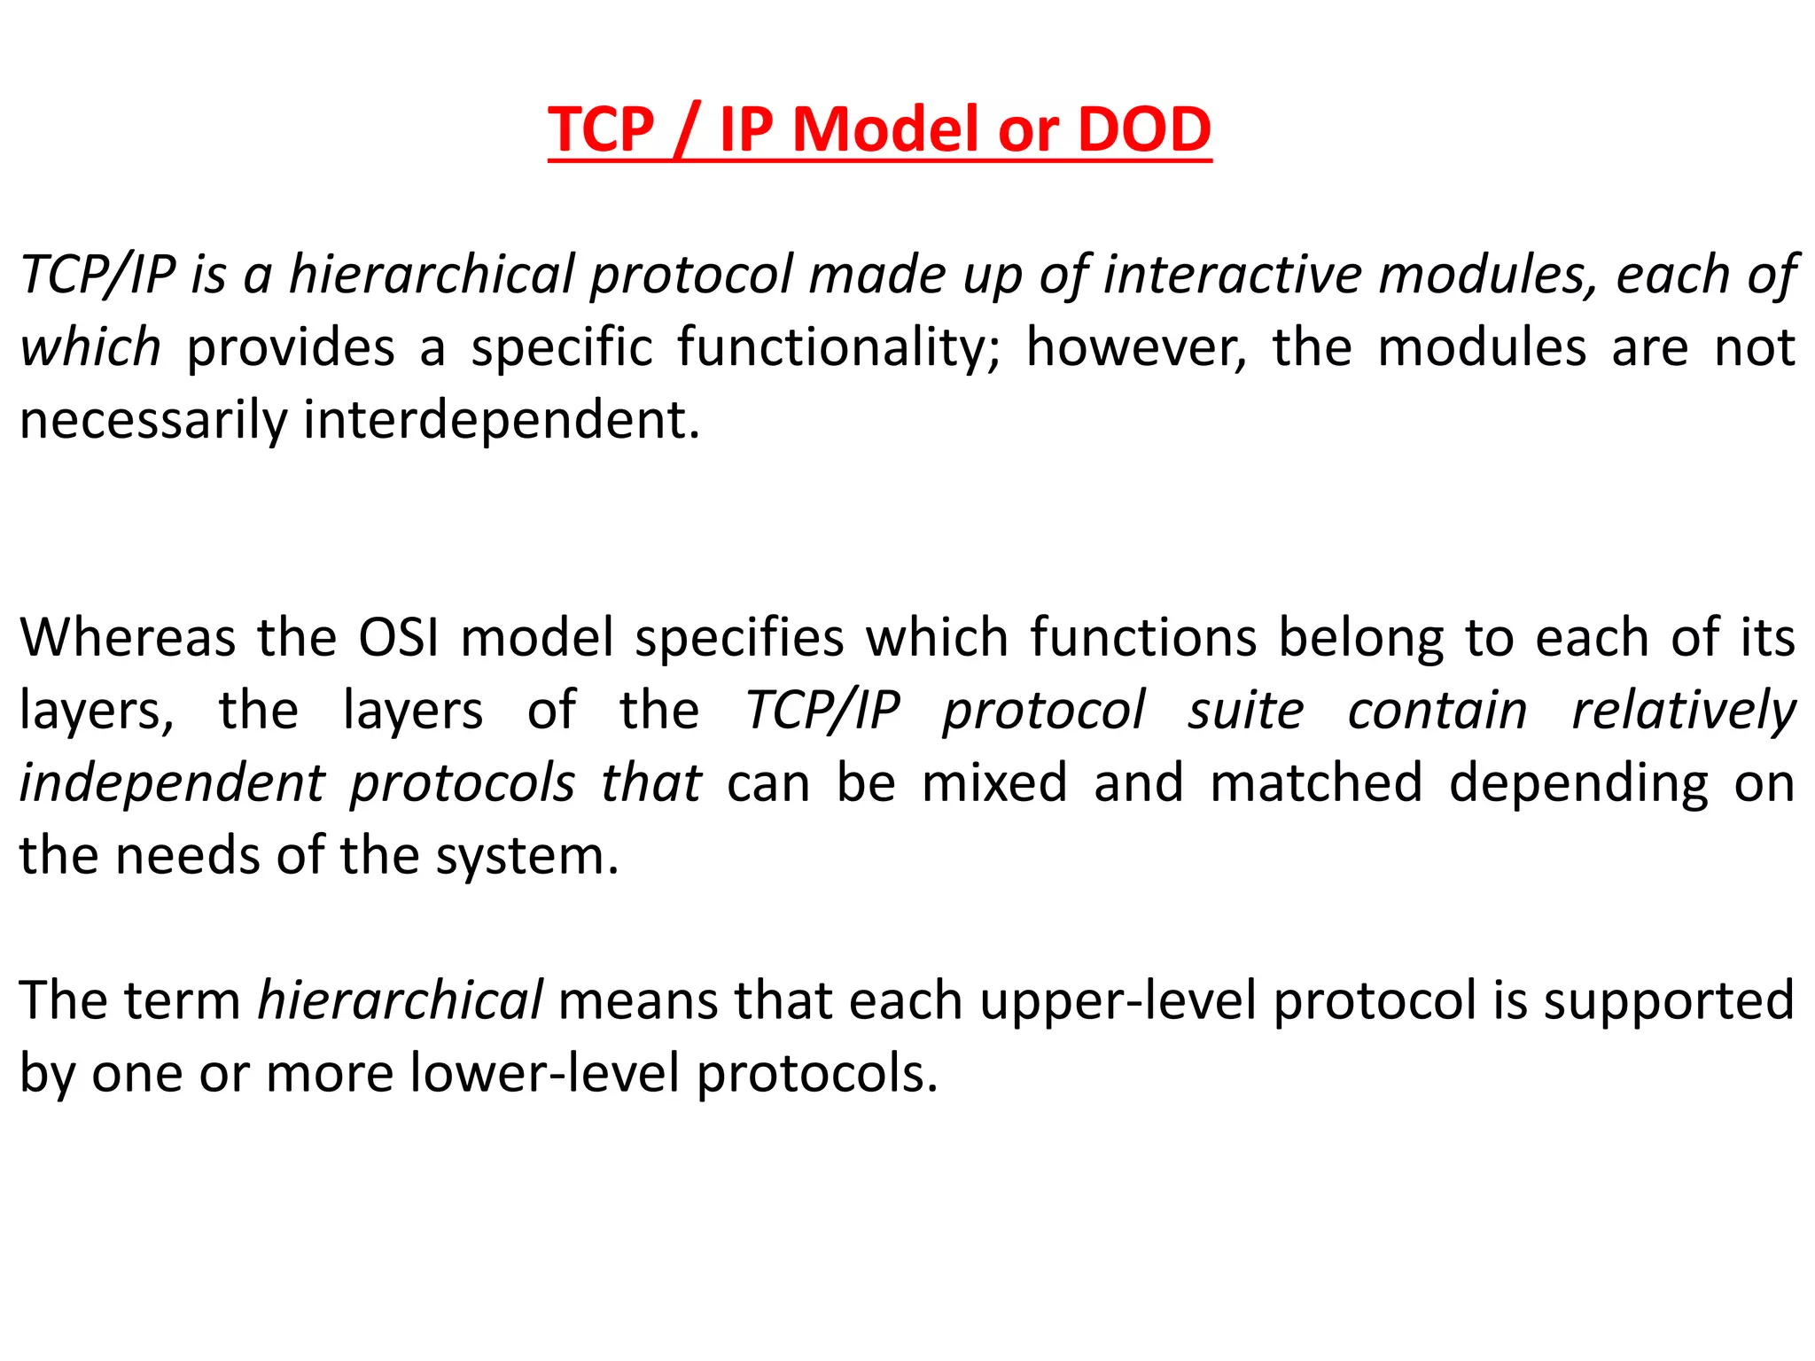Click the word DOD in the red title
[1144, 129]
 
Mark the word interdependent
[502, 420]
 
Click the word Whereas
[128, 638]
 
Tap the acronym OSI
[399, 638]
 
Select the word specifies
[739, 638]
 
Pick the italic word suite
[1246, 711]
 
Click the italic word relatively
[1683, 711]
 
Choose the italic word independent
[173, 783]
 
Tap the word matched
[1316, 783]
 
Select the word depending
[1578, 783]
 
